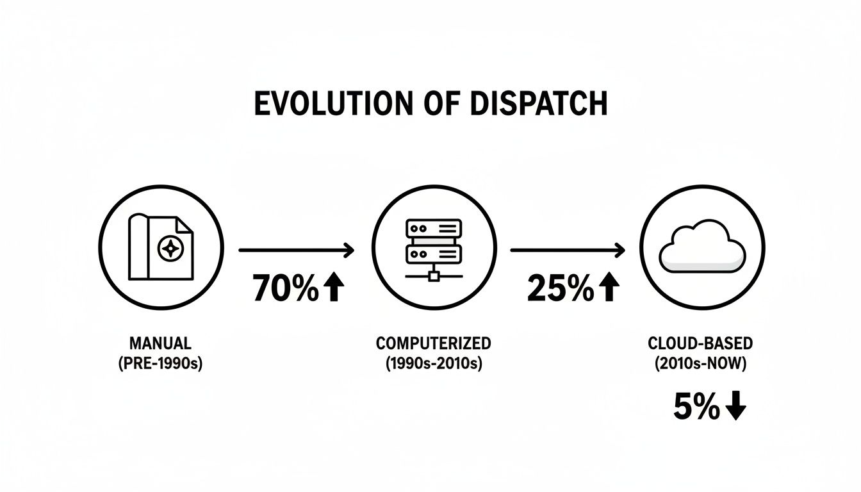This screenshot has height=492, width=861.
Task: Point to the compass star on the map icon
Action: point(171,247)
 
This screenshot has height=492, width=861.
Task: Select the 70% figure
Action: point(286,289)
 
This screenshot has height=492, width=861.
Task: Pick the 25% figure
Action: point(560,289)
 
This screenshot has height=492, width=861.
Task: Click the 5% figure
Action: point(696,407)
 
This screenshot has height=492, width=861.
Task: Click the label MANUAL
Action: point(160,343)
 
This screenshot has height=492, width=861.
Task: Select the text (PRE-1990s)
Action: point(160,364)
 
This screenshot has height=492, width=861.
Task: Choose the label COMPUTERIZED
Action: point(434,343)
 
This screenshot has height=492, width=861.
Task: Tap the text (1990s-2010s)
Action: point(434,364)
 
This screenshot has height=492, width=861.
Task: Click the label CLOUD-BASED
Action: point(700,343)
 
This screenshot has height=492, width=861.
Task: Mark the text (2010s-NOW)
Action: point(700,364)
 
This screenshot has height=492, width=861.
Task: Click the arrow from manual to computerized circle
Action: point(296,250)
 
